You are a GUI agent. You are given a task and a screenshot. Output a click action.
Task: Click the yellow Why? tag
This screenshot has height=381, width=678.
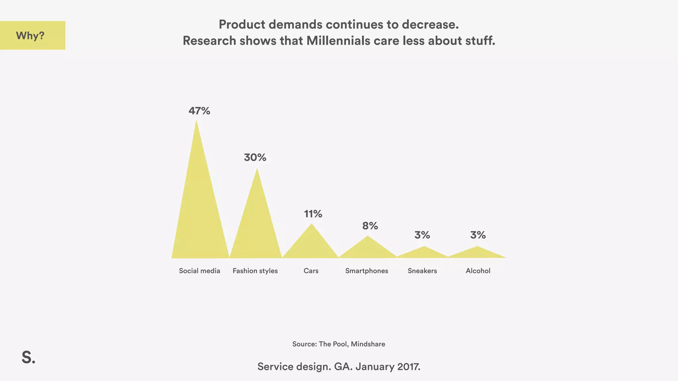(x=32, y=35)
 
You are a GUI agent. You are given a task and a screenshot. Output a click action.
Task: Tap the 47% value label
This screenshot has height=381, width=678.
(x=199, y=111)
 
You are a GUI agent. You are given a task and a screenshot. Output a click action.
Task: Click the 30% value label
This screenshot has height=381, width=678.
(x=255, y=157)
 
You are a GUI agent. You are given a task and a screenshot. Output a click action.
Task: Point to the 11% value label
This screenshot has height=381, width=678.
(x=313, y=214)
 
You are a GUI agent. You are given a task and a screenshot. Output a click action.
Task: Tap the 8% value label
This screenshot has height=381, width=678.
(x=370, y=226)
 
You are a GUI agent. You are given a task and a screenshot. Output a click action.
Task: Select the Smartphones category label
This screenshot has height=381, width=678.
(x=366, y=271)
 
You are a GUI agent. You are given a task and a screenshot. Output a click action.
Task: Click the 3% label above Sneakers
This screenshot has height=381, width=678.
(x=422, y=235)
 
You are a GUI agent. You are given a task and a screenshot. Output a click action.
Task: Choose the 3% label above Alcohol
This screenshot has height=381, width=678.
(x=478, y=235)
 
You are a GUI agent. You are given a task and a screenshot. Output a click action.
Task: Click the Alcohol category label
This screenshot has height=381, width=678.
(x=478, y=271)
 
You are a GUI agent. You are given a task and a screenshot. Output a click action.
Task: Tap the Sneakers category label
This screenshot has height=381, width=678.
(x=422, y=271)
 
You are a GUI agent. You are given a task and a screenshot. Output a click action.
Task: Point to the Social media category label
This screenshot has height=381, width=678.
(x=199, y=271)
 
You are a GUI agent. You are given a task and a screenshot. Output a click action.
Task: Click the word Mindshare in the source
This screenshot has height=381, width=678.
(x=368, y=344)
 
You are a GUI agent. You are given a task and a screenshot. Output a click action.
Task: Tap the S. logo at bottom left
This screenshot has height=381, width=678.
(x=28, y=358)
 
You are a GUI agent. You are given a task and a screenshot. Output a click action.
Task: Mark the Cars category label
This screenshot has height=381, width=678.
(x=311, y=271)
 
